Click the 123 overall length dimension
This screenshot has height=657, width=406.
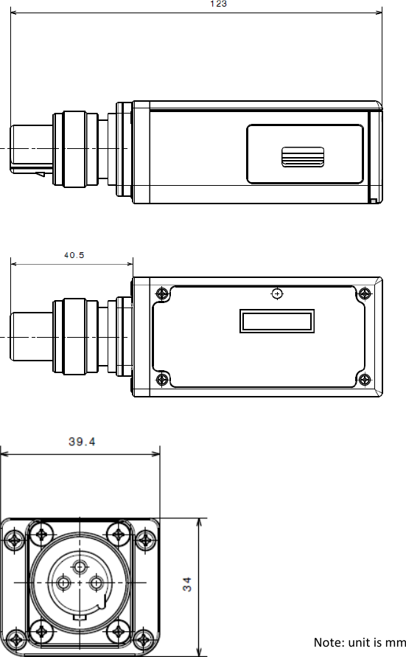pyautogui.click(x=219, y=4)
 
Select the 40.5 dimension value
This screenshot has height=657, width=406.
pyautogui.click(x=74, y=254)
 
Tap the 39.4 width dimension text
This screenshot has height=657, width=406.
pyautogui.click(x=82, y=442)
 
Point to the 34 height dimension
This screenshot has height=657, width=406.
pyautogui.click(x=186, y=584)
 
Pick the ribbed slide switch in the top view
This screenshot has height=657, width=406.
pyautogui.click(x=303, y=157)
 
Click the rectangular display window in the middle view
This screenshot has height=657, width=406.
pyautogui.click(x=277, y=321)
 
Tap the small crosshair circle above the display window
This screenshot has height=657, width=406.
pyautogui.click(x=277, y=293)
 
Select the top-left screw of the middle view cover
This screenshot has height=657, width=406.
pyautogui.click(x=162, y=293)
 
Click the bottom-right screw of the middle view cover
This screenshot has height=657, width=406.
pyautogui.click(x=365, y=380)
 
